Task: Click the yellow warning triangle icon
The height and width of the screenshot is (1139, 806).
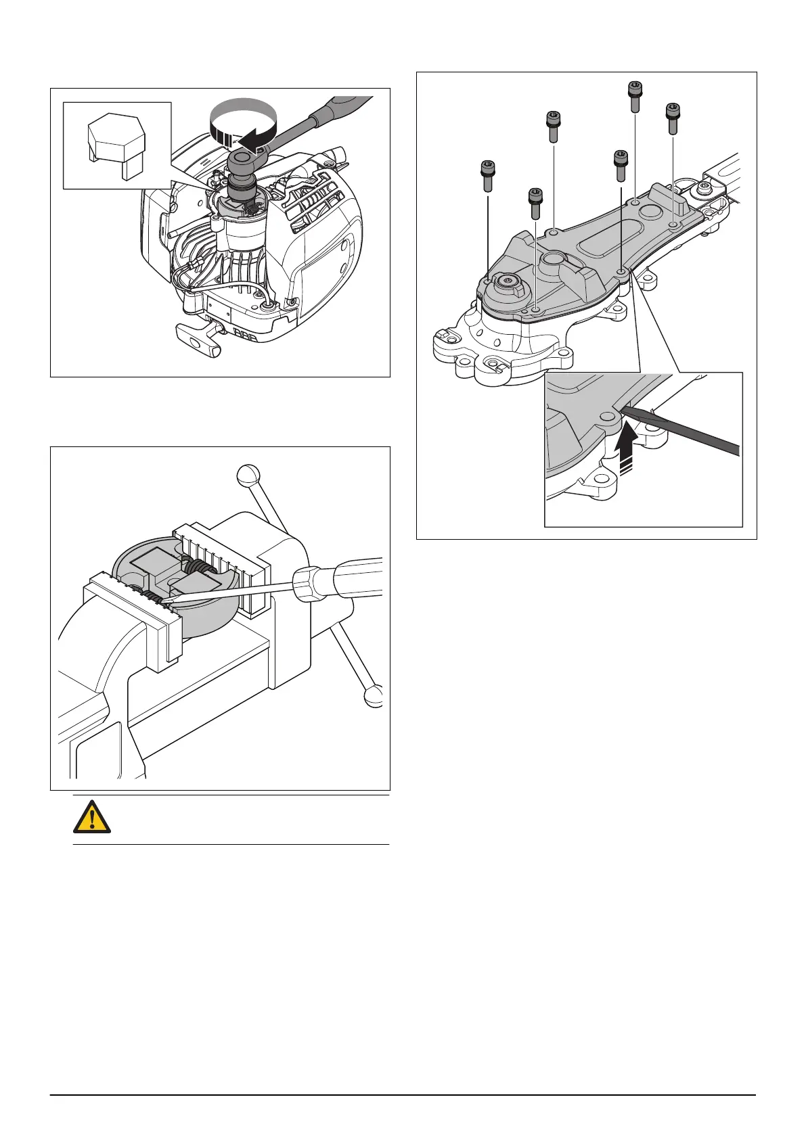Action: click(91, 819)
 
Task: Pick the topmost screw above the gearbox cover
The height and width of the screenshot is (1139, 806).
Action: click(635, 95)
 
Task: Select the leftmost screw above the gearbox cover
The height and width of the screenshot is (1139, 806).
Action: click(487, 176)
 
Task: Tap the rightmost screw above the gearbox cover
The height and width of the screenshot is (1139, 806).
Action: click(672, 118)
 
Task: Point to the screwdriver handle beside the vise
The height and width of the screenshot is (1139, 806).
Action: click(342, 578)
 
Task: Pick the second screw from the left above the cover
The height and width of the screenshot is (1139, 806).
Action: click(535, 203)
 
